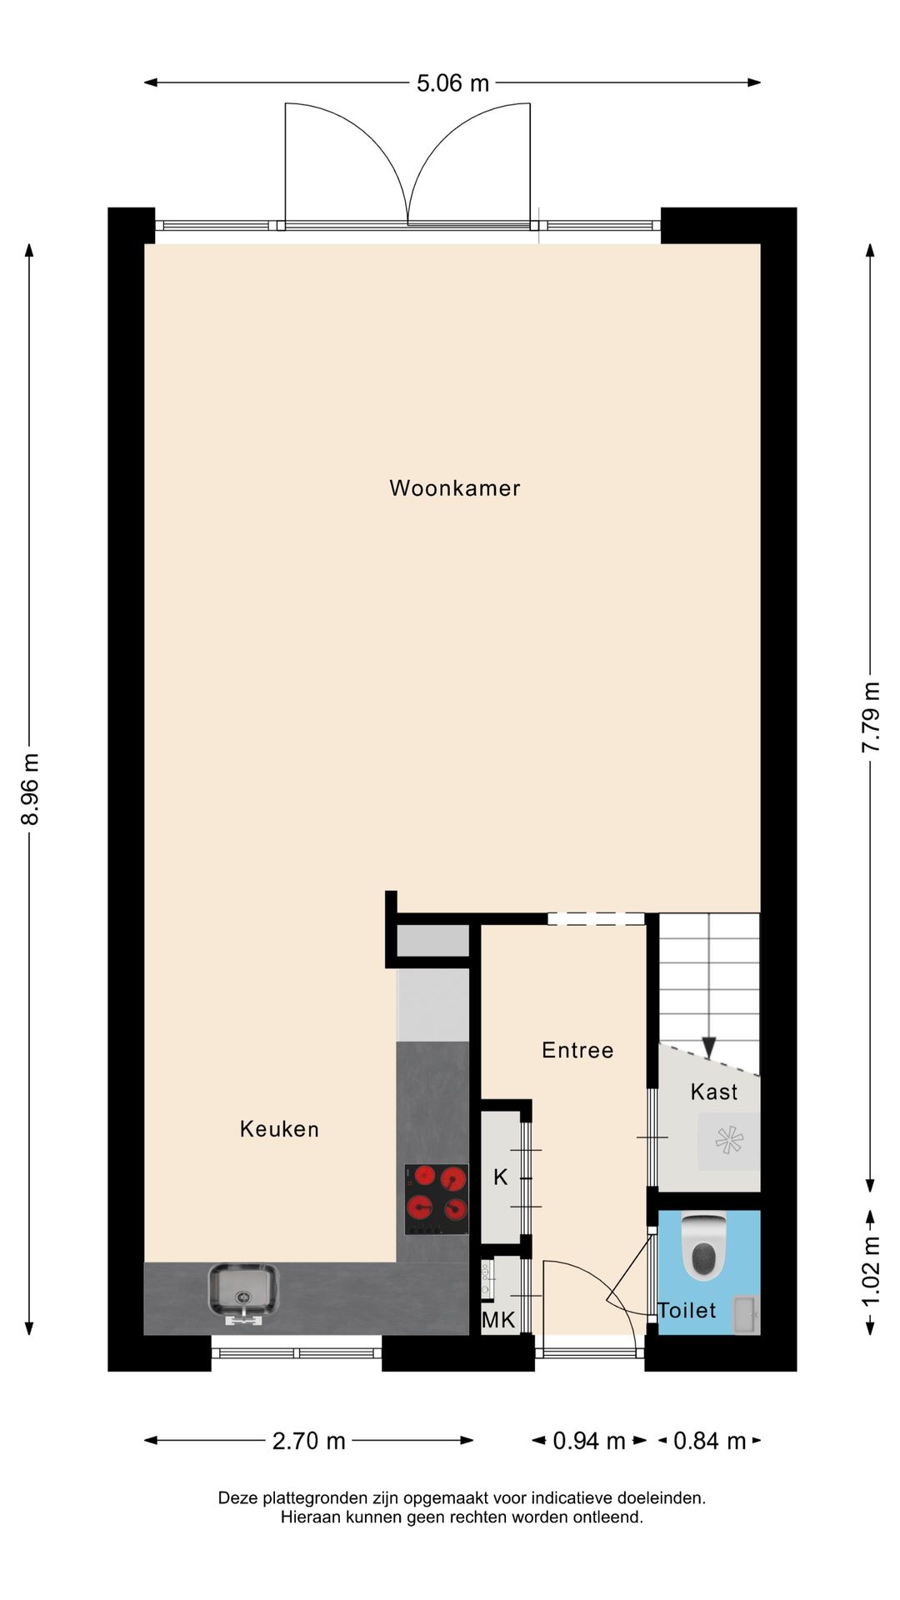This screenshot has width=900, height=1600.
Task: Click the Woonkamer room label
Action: (454, 488)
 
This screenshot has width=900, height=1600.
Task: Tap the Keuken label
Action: (279, 1129)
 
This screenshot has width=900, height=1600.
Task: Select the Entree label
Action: (577, 1050)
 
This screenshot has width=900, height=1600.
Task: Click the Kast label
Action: (714, 1092)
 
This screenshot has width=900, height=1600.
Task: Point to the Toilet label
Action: (687, 1311)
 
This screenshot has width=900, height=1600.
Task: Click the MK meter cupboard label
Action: (498, 1320)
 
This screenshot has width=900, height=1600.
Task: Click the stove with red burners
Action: (436, 1199)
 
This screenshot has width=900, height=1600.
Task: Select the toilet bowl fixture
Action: (704, 1246)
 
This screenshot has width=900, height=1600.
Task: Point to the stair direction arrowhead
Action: (709, 1047)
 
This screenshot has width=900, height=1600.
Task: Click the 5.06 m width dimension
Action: (452, 83)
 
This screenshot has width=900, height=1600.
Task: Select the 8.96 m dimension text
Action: (31, 788)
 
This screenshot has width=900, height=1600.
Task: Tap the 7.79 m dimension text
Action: (871, 717)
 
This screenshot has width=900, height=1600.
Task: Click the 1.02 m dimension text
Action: (871, 1273)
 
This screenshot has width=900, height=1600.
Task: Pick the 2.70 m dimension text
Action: (308, 1441)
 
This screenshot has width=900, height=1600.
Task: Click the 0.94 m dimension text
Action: (589, 1441)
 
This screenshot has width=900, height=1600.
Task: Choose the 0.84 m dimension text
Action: (709, 1441)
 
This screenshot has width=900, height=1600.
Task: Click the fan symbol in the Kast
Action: (728, 1140)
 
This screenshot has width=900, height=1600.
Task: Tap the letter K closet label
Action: (500, 1177)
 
